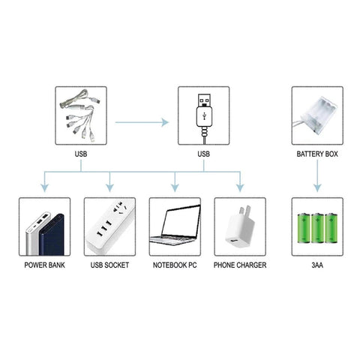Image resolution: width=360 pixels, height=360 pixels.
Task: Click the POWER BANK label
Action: pos(44,265)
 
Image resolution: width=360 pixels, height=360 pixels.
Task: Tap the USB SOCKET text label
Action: pos(109,265)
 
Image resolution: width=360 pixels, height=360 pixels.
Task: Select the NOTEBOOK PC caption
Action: pos(175,265)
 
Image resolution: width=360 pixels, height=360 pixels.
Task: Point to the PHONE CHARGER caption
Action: pos(240,265)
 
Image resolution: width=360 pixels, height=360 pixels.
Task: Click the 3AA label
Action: pos(317,265)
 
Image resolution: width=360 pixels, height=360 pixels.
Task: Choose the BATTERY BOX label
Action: pos(317,154)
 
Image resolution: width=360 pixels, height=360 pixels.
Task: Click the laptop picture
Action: pos(175,225)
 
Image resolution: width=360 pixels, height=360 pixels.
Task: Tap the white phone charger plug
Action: pos(239,227)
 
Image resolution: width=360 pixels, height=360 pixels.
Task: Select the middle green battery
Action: pos(317,228)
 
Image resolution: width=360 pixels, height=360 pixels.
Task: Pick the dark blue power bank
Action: pos(52,235)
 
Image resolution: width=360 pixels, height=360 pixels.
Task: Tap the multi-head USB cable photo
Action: pos(79,115)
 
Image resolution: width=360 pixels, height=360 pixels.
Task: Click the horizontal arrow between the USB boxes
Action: pos(142,122)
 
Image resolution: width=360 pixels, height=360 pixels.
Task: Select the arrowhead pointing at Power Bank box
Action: pos(44,188)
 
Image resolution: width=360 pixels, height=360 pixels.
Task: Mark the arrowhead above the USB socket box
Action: pos(109,188)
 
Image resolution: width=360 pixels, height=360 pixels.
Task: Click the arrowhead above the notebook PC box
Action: pos(175,188)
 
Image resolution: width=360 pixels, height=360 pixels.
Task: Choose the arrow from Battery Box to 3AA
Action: pos(317,175)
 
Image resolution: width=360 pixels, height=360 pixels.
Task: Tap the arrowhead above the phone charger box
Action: pos(240,188)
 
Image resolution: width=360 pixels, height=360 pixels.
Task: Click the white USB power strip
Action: pos(110,226)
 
